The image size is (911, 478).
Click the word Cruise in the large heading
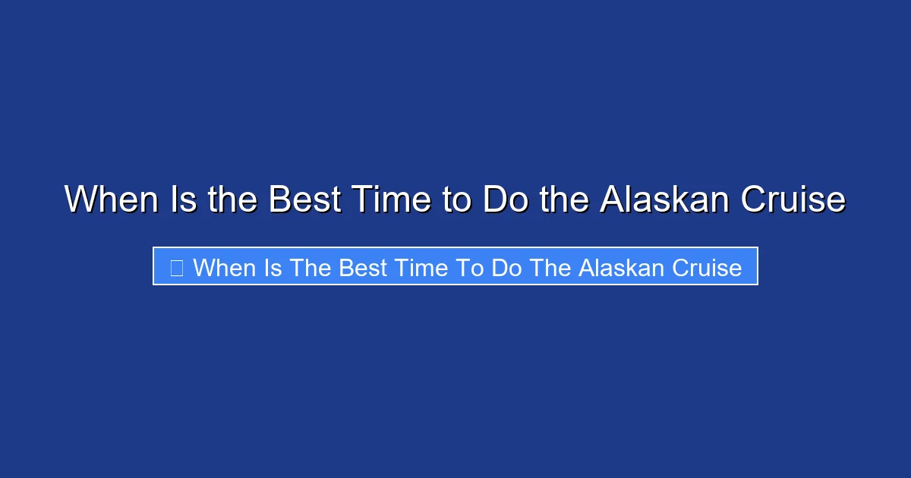click(x=793, y=200)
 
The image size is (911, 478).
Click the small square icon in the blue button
click(x=176, y=268)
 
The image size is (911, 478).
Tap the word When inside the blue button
click(x=224, y=268)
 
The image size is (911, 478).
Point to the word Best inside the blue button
click(x=363, y=268)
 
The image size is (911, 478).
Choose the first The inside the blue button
click(x=311, y=268)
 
